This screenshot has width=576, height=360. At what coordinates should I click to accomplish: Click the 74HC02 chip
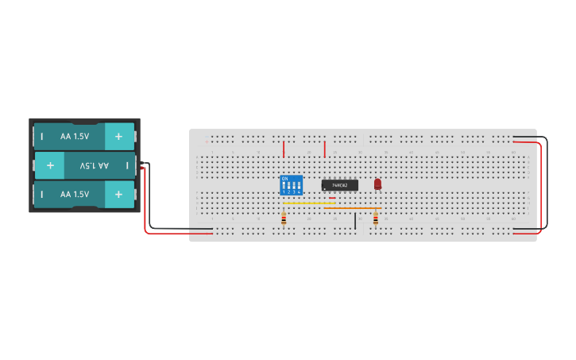tap(339, 185)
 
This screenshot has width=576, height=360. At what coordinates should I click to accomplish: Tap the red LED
tap(377, 184)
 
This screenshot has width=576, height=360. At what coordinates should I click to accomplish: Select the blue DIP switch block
tap(292, 186)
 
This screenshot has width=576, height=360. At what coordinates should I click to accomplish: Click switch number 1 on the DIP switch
tap(284, 187)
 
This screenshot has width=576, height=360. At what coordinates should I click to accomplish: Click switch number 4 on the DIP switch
tap(300, 187)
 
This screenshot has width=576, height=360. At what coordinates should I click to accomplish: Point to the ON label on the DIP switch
tap(284, 178)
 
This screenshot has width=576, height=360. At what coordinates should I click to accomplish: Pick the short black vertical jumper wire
tap(355, 220)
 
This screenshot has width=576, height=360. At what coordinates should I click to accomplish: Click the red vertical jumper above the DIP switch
tap(284, 149)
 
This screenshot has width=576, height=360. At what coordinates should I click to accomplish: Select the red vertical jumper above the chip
tap(325, 149)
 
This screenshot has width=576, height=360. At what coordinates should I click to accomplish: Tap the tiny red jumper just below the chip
tap(332, 198)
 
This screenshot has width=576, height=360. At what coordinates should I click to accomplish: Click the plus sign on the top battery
tap(118, 136)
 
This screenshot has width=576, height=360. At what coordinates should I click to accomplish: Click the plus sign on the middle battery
tap(50, 165)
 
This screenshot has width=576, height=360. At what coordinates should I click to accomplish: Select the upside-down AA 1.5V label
tap(94, 165)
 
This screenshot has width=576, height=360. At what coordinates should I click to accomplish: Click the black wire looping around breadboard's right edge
tap(547, 183)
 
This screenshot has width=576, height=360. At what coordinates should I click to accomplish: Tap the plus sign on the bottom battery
tap(118, 194)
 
